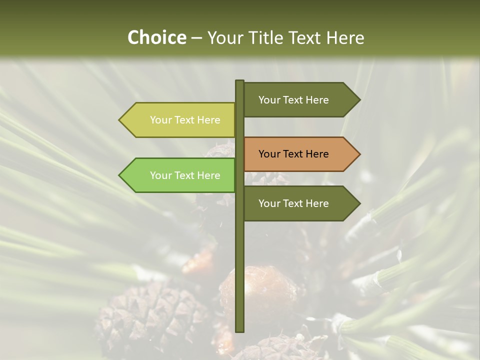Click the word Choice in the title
(x=156, y=37)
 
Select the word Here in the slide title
(x=345, y=37)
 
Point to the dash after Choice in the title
(x=196, y=38)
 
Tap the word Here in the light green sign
(x=208, y=175)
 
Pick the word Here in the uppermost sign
(x=317, y=100)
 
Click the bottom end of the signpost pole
(x=240, y=330)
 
